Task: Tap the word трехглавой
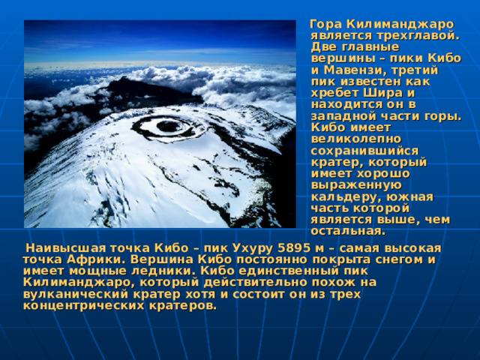(x=418, y=36)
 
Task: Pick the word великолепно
(x=356, y=139)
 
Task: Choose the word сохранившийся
(x=364, y=151)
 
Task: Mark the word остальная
(x=348, y=232)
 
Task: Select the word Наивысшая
(x=66, y=248)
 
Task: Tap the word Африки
(x=97, y=260)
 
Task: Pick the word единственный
(x=288, y=271)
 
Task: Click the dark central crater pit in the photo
(x=168, y=126)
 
